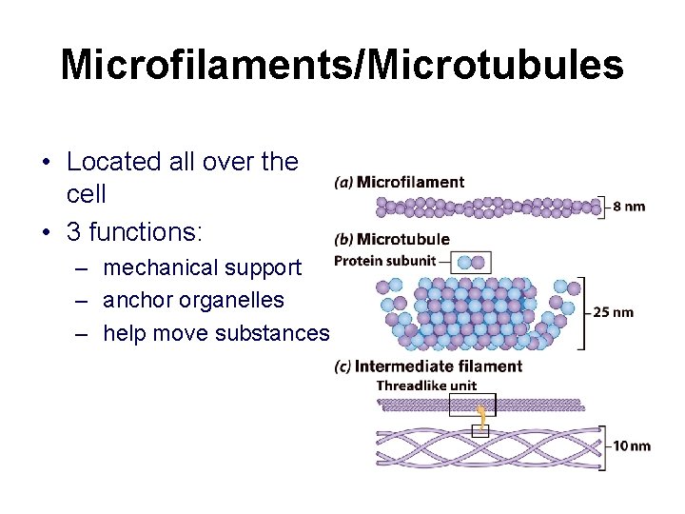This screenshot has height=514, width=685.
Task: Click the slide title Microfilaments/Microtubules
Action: click(x=342, y=66)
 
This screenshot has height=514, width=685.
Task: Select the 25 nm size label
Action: click(x=613, y=312)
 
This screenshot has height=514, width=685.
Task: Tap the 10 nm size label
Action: click(x=632, y=445)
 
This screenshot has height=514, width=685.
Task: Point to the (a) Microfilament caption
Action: click(x=400, y=182)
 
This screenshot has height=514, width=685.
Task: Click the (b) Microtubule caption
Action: click(x=392, y=239)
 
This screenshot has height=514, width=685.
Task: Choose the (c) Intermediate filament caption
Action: click(x=428, y=366)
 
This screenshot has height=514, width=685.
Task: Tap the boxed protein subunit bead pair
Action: click(x=469, y=262)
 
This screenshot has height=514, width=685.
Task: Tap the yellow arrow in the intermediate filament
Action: click(x=482, y=416)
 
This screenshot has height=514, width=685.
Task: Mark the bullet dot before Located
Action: click(x=46, y=163)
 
